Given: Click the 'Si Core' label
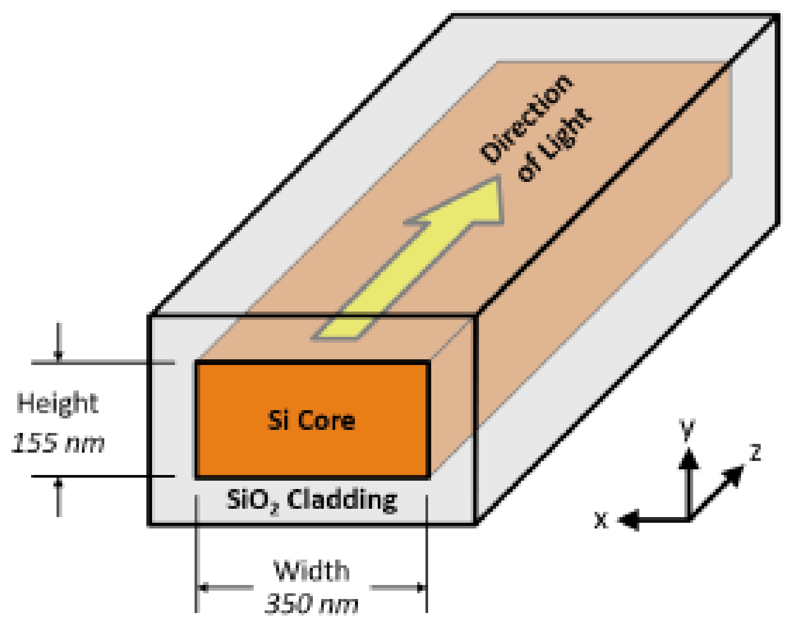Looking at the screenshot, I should click(x=311, y=421).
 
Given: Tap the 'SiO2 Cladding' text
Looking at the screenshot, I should click(x=312, y=500).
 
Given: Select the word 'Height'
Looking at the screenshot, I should click(x=57, y=404).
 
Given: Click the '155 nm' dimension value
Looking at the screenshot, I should click(x=57, y=443).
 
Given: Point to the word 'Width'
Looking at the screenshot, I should click(x=312, y=571).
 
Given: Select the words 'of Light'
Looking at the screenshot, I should click(x=555, y=145).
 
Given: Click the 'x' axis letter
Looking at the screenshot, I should click(x=602, y=521).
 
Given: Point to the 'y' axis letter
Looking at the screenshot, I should click(x=687, y=429).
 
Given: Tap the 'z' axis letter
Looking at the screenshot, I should click(x=755, y=452).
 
